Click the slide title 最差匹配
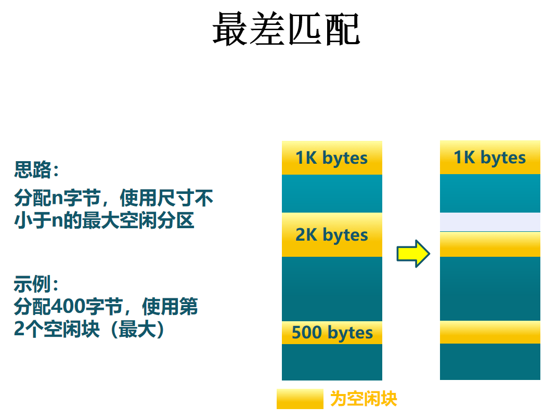click(x=286, y=29)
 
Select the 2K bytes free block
click(x=332, y=235)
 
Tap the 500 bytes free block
click(x=332, y=333)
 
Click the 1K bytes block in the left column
click(x=332, y=157)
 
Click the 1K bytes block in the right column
click(x=490, y=157)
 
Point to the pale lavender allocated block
click(x=490, y=222)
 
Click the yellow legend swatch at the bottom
click(x=300, y=399)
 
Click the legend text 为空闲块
click(x=364, y=399)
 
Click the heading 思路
click(x=36, y=170)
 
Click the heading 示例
click(x=36, y=285)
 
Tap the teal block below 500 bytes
click(x=332, y=362)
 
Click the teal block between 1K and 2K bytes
click(x=332, y=193)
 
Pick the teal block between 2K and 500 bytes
click(x=332, y=288)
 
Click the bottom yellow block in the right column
click(x=490, y=333)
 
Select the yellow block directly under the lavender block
click(x=490, y=244)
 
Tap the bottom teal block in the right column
click(x=490, y=362)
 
